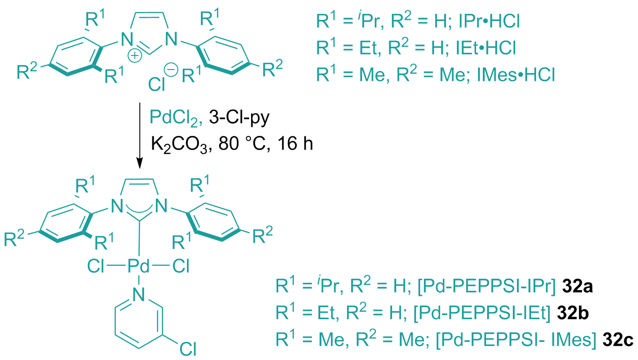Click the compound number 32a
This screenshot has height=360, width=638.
click(578, 286)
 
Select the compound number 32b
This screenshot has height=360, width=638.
click(573, 313)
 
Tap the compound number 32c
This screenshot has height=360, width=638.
click(618, 340)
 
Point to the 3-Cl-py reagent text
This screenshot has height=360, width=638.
click(239, 117)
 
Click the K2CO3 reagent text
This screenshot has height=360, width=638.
click(181, 144)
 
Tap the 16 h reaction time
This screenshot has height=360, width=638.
click(296, 143)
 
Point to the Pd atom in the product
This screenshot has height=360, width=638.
click(138, 266)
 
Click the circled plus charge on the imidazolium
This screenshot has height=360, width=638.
click(135, 55)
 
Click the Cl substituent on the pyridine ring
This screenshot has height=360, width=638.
click(188, 348)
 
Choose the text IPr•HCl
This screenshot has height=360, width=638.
click(490, 21)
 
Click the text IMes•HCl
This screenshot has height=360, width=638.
click(516, 75)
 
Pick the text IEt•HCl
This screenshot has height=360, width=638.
click(486, 48)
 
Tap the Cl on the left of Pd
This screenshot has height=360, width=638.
click(95, 266)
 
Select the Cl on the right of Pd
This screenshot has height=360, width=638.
click(181, 266)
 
